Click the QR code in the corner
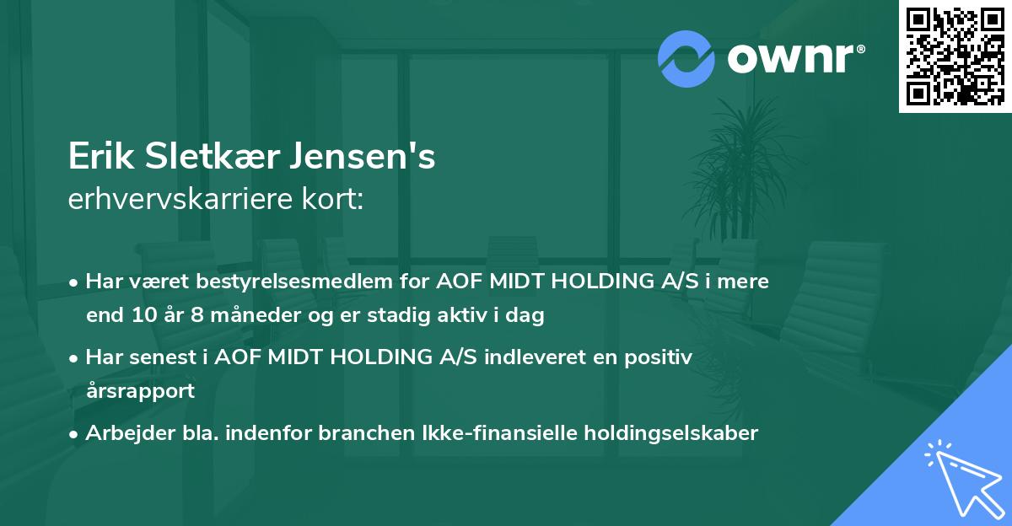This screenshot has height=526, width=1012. click(x=955, y=56)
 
